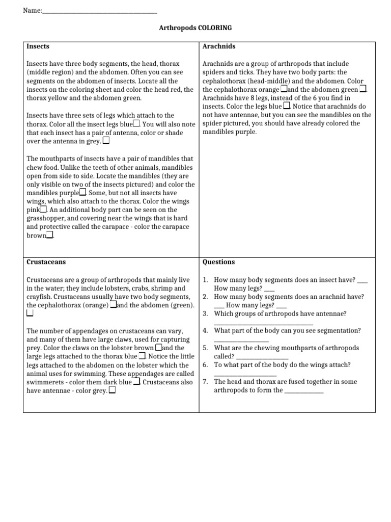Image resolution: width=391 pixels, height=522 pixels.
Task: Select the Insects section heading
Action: [38, 46]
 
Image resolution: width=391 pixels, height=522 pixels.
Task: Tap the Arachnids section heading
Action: [219, 46]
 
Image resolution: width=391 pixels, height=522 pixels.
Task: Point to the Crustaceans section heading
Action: [46, 262]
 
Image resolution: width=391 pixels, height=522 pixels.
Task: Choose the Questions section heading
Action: [218, 262]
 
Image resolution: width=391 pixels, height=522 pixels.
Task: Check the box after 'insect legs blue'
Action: [136, 124]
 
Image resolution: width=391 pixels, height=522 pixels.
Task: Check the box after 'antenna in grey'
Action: [106, 140]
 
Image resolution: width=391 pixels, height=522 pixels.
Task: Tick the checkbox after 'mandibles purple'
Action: [82, 193]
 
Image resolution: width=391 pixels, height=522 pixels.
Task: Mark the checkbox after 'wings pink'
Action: [43, 209]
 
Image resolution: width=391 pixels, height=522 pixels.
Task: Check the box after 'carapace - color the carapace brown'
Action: [49, 235]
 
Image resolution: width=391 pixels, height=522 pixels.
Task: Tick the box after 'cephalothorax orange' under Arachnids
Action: [284, 89]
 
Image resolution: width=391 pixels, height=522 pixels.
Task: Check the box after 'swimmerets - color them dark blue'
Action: [136, 382]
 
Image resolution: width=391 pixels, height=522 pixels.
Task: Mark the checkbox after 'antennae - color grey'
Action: [111, 390]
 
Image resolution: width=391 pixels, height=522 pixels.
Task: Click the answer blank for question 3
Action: [263, 323]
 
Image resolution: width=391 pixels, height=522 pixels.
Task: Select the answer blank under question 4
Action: [241, 340]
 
